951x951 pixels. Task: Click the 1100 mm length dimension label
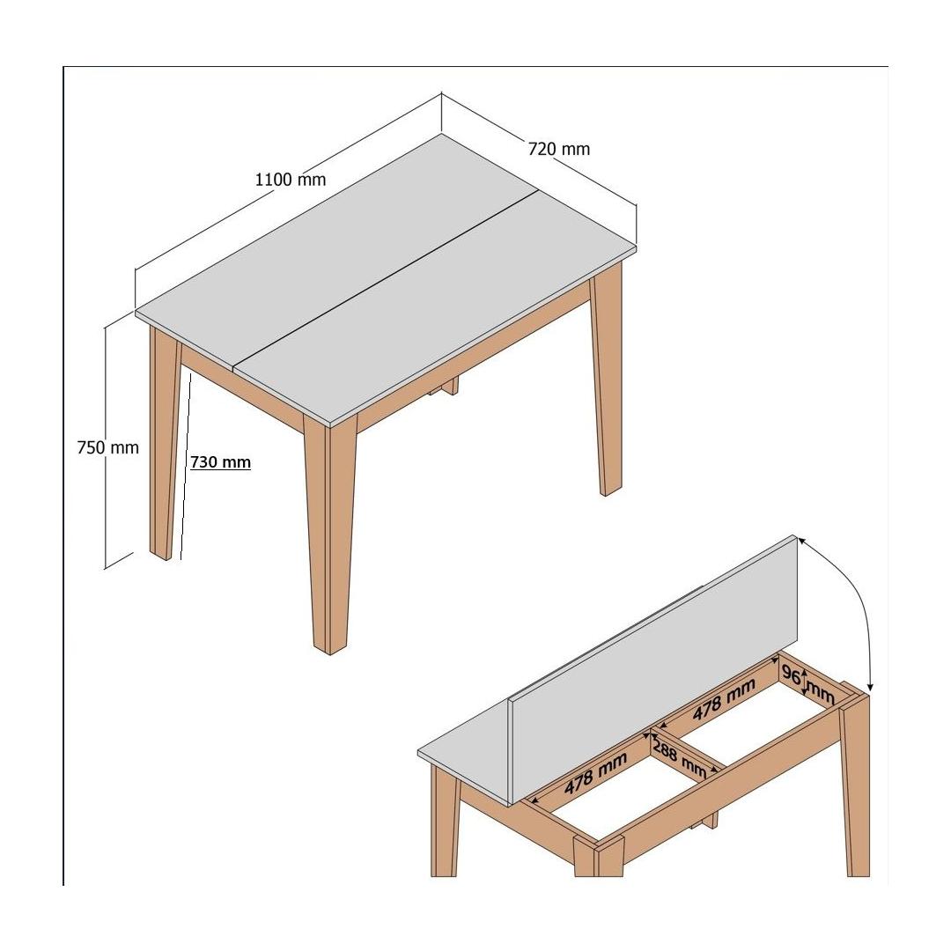[291, 180]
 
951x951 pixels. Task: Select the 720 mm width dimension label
[558, 149]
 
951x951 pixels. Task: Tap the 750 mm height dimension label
[108, 447]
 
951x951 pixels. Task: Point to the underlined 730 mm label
[220, 462]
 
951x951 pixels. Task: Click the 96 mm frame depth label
[807, 685]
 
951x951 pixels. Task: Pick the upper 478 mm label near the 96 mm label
[724, 699]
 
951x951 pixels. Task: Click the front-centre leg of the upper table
[329, 534]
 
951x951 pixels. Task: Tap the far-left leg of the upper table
[165, 443]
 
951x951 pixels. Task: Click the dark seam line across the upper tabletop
[387, 279]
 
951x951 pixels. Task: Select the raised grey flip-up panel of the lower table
[653, 670]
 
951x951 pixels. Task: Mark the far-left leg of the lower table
[446, 820]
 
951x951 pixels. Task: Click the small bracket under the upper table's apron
[445, 387]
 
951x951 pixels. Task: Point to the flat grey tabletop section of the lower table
[465, 758]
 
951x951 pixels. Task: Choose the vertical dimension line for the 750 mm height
[106, 447]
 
